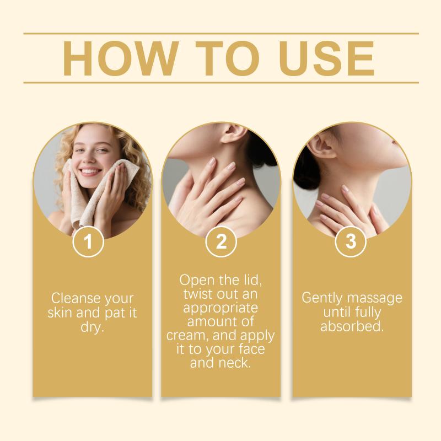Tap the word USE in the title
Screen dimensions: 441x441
pyautogui.click(x=327, y=58)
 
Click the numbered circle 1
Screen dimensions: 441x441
pyautogui.click(x=88, y=241)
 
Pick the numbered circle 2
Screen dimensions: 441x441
pyautogui.click(x=221, y=241)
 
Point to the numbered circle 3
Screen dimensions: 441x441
pyautogui.click(x=351, y=241)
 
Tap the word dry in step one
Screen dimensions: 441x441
pyautogui.click(x=92, y=327)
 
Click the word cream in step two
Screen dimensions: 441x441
pyautogui.click(x=187, y=336)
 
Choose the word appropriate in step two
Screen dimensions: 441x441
pyautogui.click(x=220, y=308)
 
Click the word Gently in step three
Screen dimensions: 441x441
pyautogui.click(x=322, y=298)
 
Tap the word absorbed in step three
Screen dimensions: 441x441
pyautogui.click(x=352, y=326)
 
